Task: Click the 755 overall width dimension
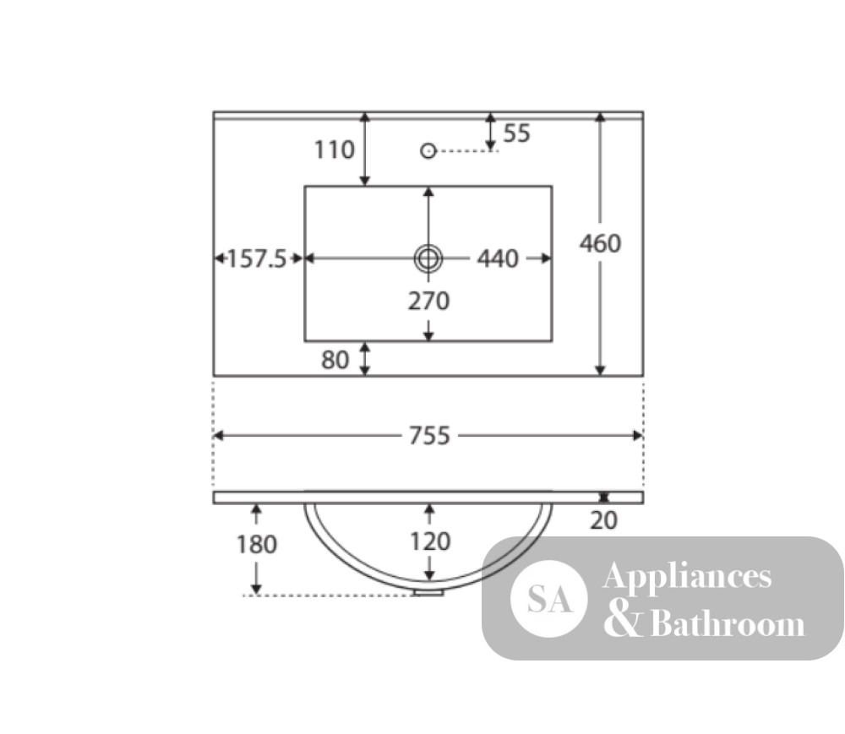tap(429, 436)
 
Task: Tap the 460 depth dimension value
tap(600, 244)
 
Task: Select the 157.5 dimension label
tap(257, 259)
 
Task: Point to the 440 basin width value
tap(498, 259)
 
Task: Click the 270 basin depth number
tap(429, 301)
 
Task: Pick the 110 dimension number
tap(335, 150)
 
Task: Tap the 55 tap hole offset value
tap(517, 133)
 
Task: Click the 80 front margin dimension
tap(335, 361)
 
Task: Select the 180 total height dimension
tap(257, 545)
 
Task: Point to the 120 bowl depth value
tap(430, 541)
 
